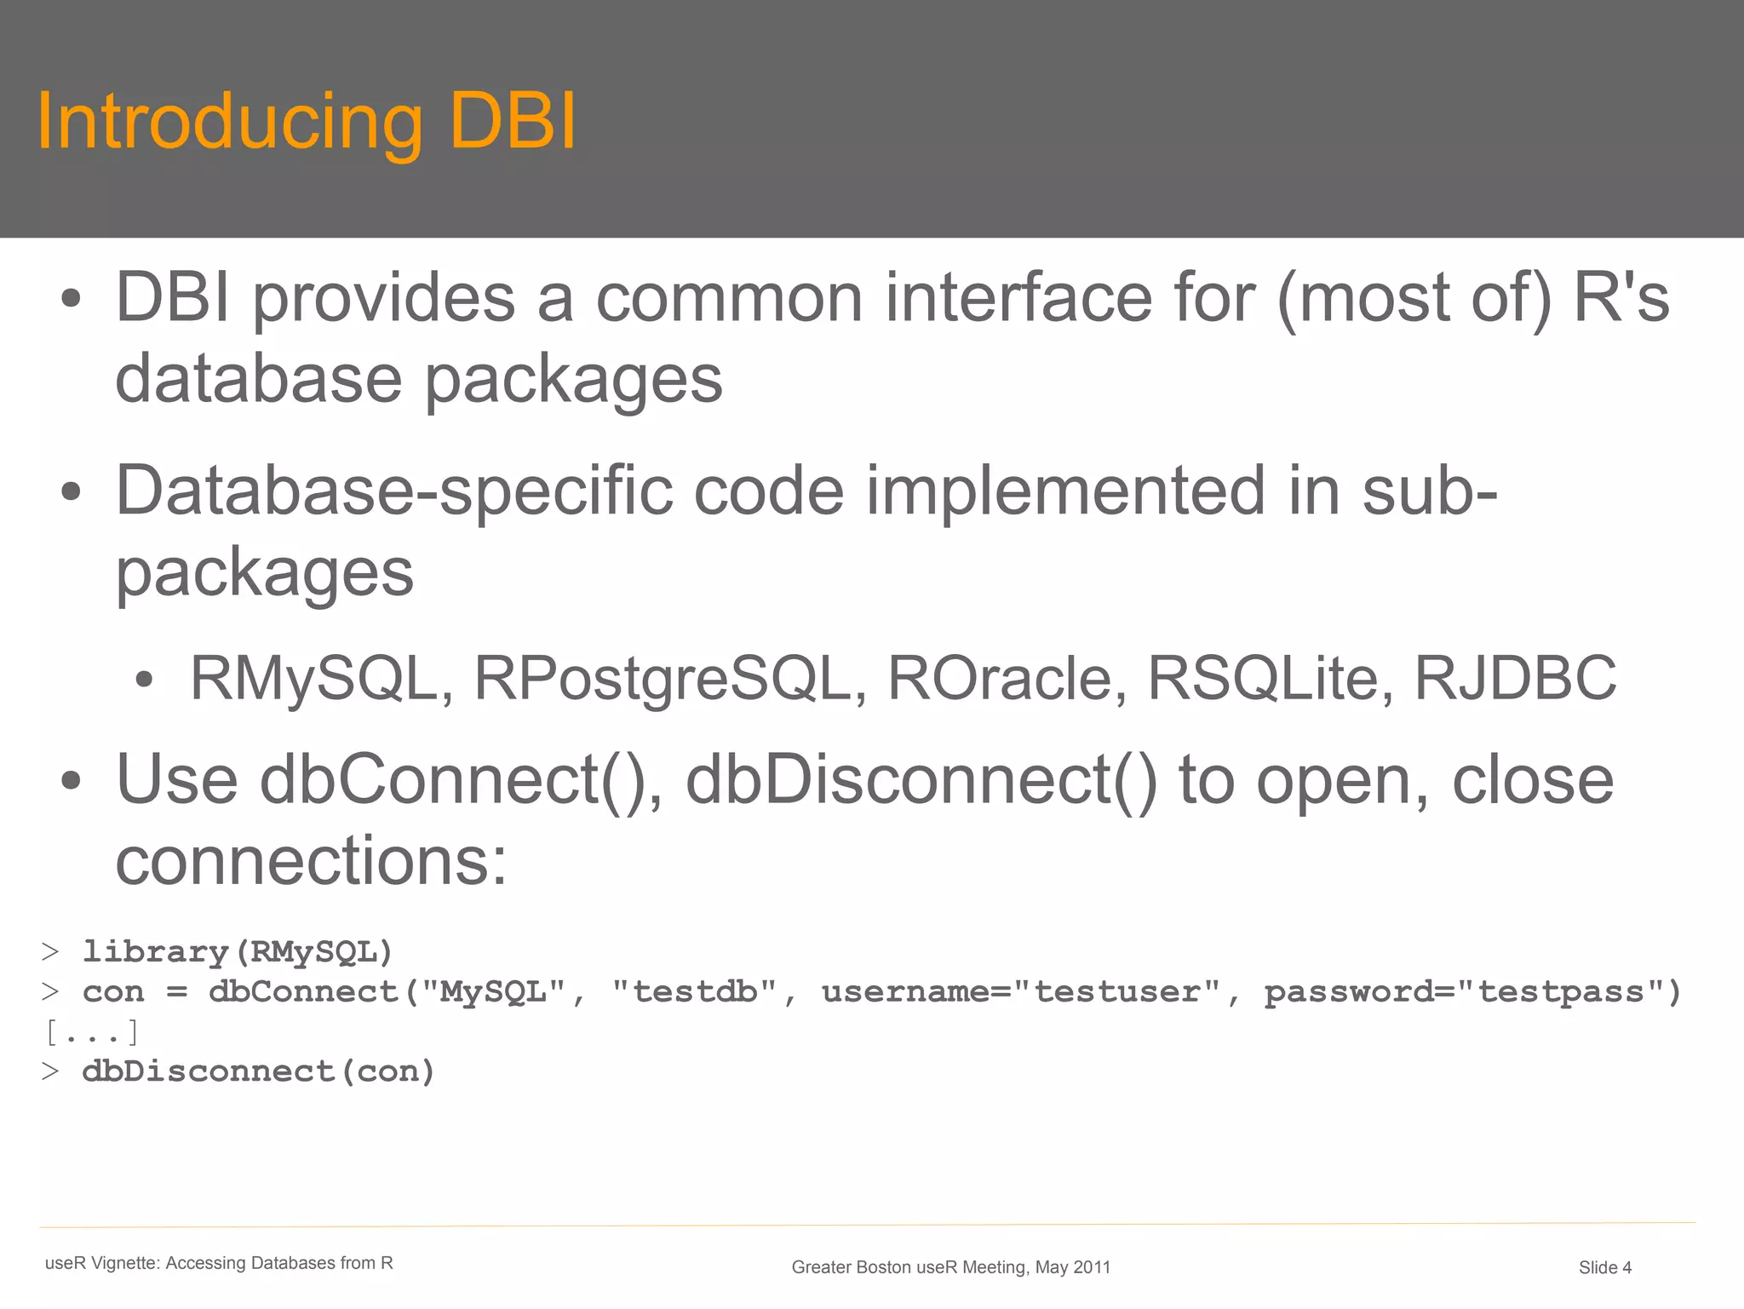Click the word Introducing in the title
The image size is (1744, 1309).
230,123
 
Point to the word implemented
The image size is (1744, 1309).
1065,491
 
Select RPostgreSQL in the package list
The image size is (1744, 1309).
663,679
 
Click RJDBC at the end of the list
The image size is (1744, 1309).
1515,679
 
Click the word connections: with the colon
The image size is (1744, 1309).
311,860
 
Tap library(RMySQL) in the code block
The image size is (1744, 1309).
237,952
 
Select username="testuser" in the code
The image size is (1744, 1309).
1020,992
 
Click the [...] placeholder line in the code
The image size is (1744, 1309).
91,1032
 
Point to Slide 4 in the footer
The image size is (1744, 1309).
1604,1267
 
